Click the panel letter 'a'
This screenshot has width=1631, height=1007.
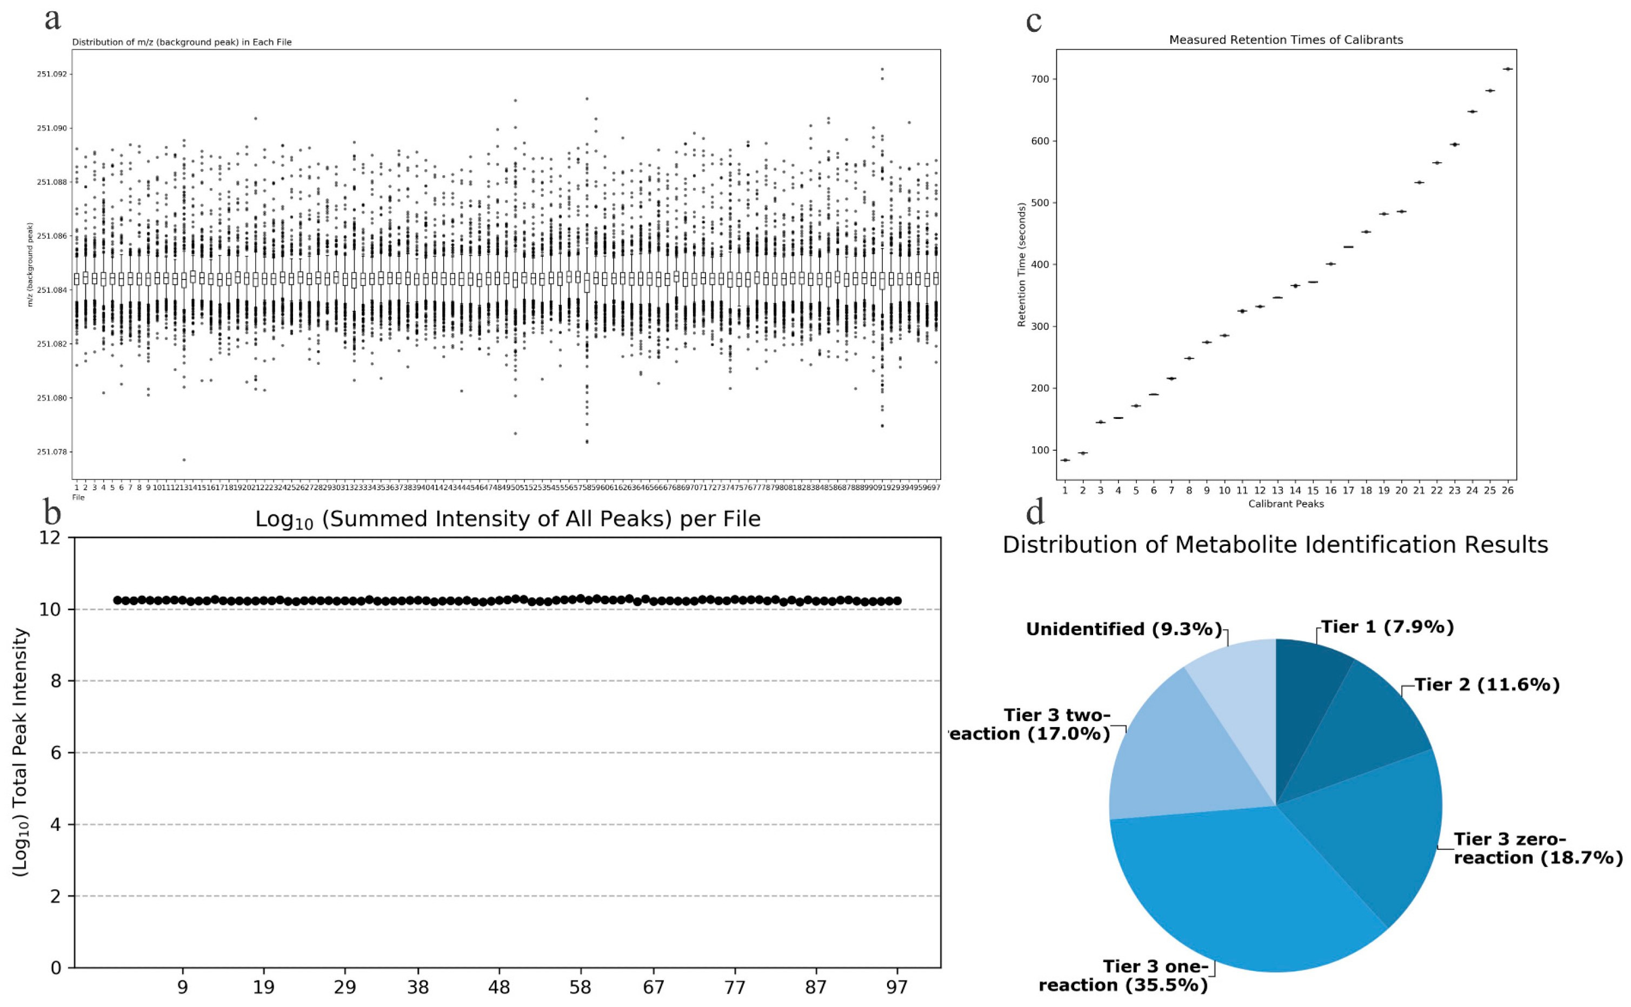52,18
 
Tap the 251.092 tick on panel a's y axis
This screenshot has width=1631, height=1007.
51,74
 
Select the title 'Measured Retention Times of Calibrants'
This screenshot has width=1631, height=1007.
1286,40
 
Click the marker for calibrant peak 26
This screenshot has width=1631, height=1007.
1507,69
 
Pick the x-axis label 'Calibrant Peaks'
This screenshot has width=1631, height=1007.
1286,504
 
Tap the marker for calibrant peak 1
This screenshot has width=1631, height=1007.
1064,460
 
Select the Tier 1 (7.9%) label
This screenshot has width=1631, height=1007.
1387,626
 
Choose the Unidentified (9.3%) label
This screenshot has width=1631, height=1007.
1123,629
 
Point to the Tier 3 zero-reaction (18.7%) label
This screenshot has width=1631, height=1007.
1537,848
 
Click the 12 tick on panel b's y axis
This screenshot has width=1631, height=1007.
49,537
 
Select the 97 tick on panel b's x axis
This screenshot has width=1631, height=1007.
896,987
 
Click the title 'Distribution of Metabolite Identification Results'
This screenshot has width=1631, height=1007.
1275,545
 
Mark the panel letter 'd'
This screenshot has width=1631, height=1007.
1034,511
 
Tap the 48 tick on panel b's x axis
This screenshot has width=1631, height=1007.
499,987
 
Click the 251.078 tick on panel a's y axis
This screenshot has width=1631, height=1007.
51,451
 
